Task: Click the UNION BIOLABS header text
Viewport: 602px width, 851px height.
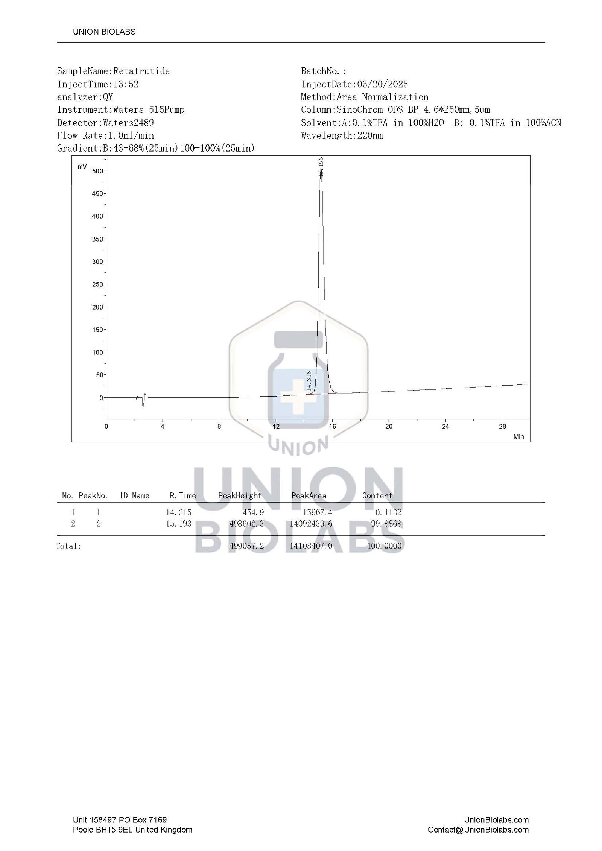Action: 104,32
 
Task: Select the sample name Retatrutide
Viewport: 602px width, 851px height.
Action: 141,71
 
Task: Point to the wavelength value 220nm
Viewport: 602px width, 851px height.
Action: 370,135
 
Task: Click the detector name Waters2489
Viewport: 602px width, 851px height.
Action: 128,123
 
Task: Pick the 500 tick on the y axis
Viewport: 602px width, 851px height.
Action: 97,171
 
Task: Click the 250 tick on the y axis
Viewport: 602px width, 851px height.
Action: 97,284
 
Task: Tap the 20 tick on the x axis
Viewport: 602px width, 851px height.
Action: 389,426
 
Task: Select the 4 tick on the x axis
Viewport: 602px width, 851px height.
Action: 163,426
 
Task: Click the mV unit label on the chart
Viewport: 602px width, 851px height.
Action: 82,167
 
